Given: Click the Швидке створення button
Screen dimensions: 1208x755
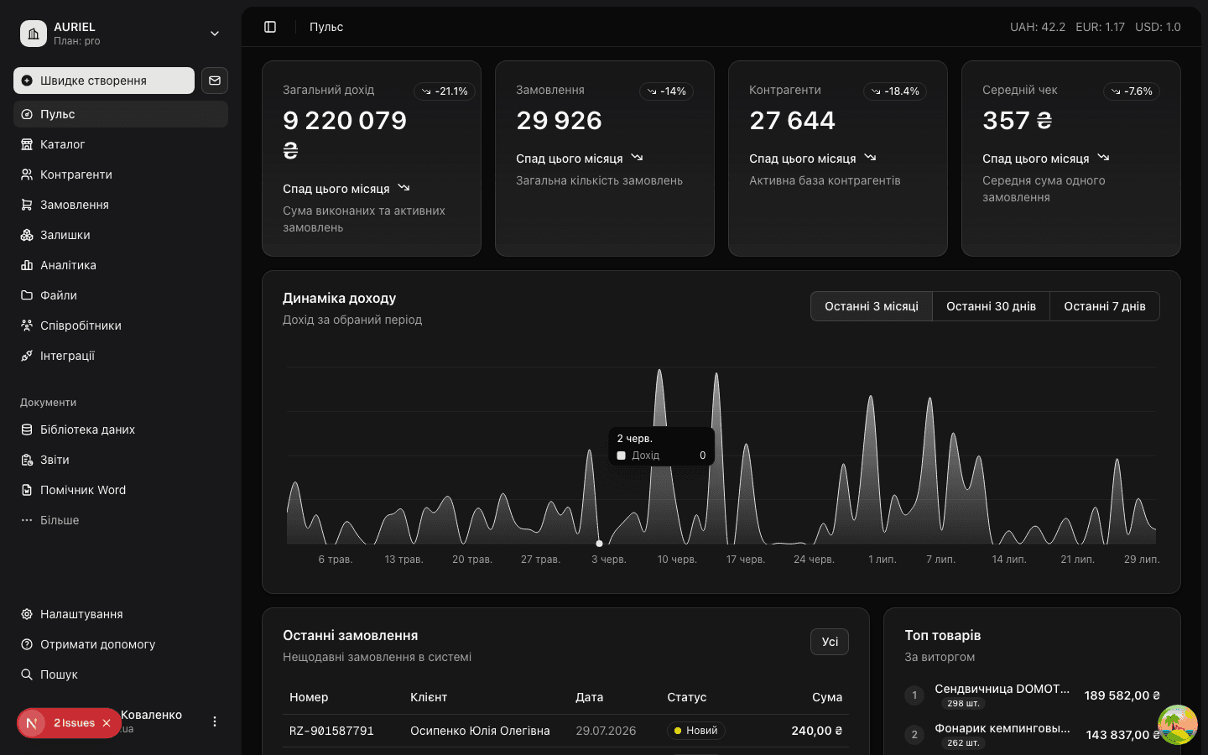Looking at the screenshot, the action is click(x=103, y=81).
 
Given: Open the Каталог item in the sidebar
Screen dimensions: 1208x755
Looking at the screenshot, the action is click(x=62, y=144).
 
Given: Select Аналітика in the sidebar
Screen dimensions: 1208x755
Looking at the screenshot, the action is click(x=68, y=265).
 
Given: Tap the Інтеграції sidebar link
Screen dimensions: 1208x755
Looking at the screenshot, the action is click(x=67, y=356).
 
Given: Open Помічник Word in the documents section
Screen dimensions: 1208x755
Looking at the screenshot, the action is click(x=82, y=490).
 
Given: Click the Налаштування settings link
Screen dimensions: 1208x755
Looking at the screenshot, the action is click(x=81, y=614).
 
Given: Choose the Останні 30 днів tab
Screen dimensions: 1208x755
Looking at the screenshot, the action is click(x=991, y=306).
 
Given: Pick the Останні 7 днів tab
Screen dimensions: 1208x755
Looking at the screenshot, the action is click(x=1105, y=306).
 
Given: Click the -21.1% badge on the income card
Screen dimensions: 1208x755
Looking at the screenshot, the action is click(x=445, y=91).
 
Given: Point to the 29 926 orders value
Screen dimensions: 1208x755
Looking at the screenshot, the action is click(x=559, y=120).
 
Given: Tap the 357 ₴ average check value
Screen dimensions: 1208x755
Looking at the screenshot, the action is click(x=1017, y=120).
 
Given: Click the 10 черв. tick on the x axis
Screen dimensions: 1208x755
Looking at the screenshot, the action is click(x=677, y=560).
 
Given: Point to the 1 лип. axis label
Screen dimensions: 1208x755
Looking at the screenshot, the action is click(x=883, y=560).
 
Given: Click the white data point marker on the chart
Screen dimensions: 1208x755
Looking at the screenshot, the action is click(x=599, y=544).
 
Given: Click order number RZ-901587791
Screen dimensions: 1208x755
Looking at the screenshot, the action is click(x=331, y=731).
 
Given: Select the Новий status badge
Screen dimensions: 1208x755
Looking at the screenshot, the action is click(x=695, y=731).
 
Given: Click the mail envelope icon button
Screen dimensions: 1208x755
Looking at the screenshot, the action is click(x=215, y=81).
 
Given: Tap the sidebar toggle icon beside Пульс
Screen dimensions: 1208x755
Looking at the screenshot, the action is click(x=270, y=27).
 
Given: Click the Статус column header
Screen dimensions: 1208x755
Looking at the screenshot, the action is click(x=686, y=697).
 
